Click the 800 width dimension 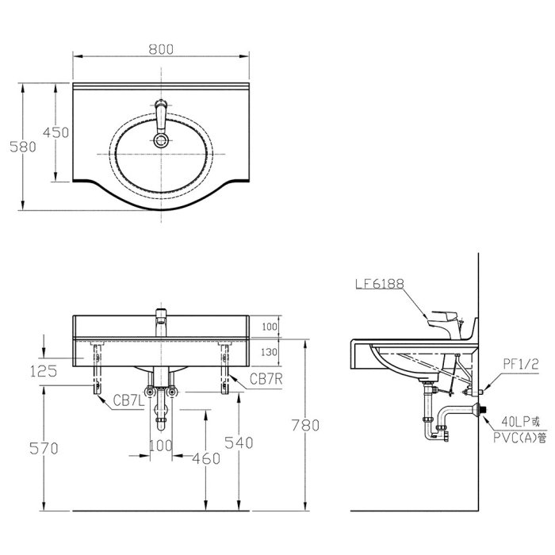tap(161, 49)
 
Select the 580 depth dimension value tap(23, 147)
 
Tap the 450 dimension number tap(56, 132)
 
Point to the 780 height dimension tap(305, 425)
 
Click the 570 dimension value tap(44, 449)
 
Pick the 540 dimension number tap(239, 442)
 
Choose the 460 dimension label tap(206, 459)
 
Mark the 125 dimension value tap(44, 371)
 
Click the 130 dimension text tap(269, 352)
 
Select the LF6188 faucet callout tap(380, 284)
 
